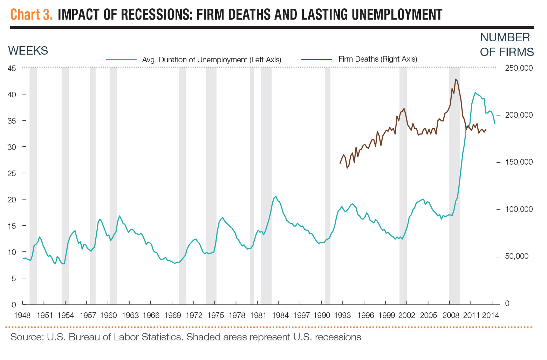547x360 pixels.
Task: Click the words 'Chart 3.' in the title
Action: [x=32, y=14]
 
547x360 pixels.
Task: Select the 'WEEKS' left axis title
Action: [x=28, y=51]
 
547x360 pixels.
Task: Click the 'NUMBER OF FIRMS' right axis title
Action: [x=506, y=44]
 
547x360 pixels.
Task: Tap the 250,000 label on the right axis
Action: [x=519, y=68]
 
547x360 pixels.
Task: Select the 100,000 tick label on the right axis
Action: [x=519, y=209]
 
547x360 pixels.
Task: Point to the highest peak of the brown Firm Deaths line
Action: [x=456, y=79]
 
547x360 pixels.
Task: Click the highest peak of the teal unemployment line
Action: [x=475, y=93]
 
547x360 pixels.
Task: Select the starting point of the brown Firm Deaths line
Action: [x=340, y=164]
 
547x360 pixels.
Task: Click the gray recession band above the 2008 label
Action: [x=454, y=210]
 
